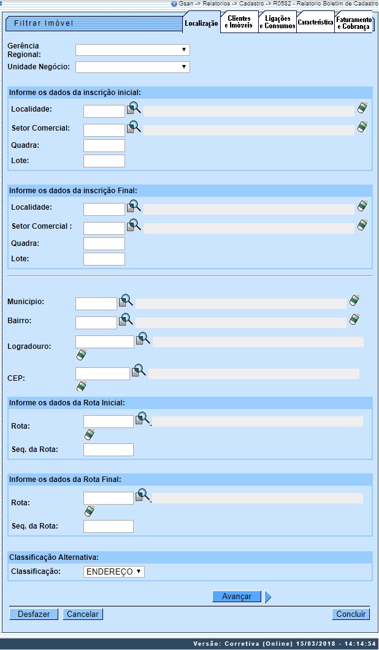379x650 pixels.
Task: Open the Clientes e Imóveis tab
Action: [x=239, y=23]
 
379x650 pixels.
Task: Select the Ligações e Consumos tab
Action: [x=277, y=23]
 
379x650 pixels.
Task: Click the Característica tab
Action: [x=315, y=23]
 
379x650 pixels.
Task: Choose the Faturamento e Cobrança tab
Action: [x=353, y=23]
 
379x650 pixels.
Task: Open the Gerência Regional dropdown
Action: [x=132, y=50]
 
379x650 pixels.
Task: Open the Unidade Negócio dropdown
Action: [x=132, y=67]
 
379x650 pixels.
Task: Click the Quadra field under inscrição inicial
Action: [x=104, y=146]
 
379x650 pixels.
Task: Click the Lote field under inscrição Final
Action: [x=104, y=259]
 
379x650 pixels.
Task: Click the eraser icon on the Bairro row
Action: [x=354, y=319]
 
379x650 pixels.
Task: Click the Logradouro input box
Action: [x=105, y=342]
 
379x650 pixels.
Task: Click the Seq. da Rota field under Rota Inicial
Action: [x=109, y=450]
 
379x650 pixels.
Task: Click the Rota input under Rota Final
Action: [x=109, y=498]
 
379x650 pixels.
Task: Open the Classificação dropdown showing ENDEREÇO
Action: [x=114, y=572]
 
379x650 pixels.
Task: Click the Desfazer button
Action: [x=34, y=614]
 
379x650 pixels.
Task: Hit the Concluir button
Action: [x=351, y=614]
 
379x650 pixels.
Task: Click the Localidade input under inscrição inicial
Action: [x=104, y=111]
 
